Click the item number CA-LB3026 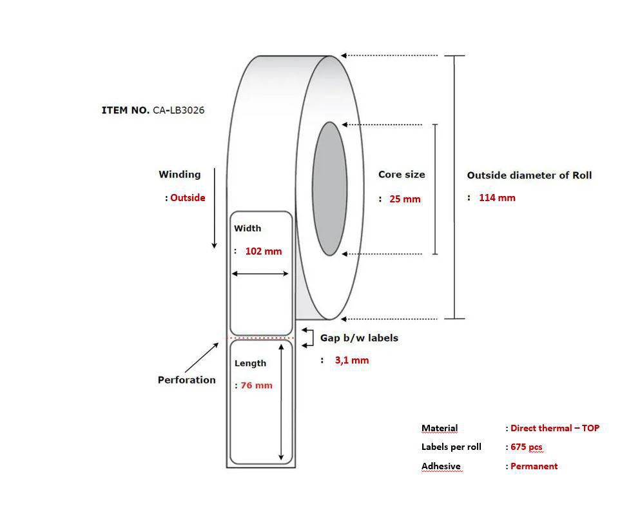(x=179, y=110)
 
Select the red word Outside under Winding (x=188, y=198)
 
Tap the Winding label (x=179, y=174)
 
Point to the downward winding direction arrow (x=215, y=208)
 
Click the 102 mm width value (x=264, y=251)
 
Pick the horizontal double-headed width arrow (x=260, y=274)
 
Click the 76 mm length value (x=257, y=385)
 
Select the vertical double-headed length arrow (x=281, y=402)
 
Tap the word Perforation (x=187, y=380)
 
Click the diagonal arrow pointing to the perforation (x=202, y=357)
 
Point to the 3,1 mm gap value (x=352, y=360)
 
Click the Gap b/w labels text (x=359, y=338)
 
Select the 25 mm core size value (x=405, y=199)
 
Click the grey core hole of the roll (x=329, y=189)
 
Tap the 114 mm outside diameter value (x=497, y=198)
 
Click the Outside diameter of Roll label (x=529, y=175)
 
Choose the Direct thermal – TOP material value (x=555, y=428)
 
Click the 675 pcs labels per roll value (x=527, y=447)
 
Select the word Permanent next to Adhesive (x=534, y=466)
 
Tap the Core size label (x=402, y=174)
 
